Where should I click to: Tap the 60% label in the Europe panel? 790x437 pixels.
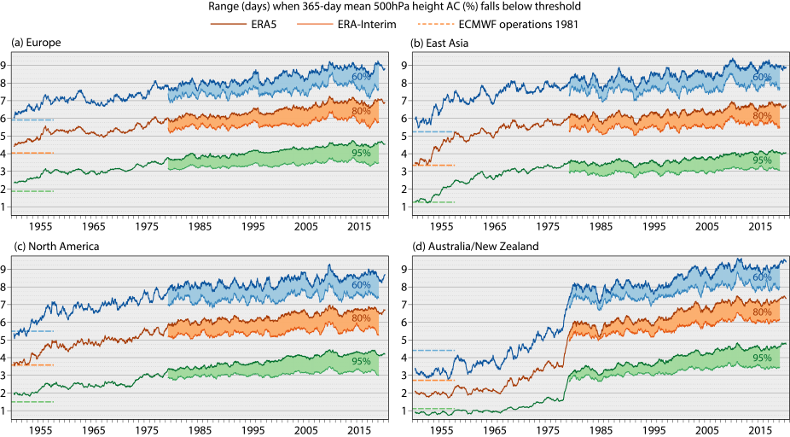[363, 78]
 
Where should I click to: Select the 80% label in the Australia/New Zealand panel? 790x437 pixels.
[762, 313]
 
